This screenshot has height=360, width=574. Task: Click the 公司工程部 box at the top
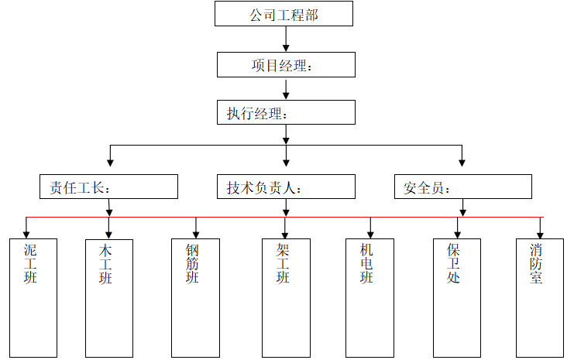[284, 14]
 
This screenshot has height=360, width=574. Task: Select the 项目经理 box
[285, 65]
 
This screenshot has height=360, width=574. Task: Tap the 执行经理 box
[285, 113]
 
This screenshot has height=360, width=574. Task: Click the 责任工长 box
[108, 187]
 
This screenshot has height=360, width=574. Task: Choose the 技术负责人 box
[285, 187]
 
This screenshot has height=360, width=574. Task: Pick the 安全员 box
[462, 187]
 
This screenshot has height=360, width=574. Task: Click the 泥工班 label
[30, 263]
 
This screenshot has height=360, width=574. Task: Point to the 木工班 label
[106, 263]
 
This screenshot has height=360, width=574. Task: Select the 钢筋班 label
[193, 263]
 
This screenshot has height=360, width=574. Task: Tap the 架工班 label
[283, 263]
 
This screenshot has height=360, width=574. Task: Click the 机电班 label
[366, 263]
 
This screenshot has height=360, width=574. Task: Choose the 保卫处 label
[454, 263]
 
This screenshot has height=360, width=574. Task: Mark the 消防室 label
[537, 263]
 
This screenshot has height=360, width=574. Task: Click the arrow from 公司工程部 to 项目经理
[286, 39]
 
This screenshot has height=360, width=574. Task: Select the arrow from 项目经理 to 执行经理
[286, 88]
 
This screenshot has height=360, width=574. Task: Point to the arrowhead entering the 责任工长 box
[110, 163]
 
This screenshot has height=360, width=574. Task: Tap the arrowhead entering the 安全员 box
[462, 163]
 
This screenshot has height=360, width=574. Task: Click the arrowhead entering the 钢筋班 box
[196, 233]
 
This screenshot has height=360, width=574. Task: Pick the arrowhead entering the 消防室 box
[541, 233]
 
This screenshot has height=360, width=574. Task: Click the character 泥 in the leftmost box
[30, 250]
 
